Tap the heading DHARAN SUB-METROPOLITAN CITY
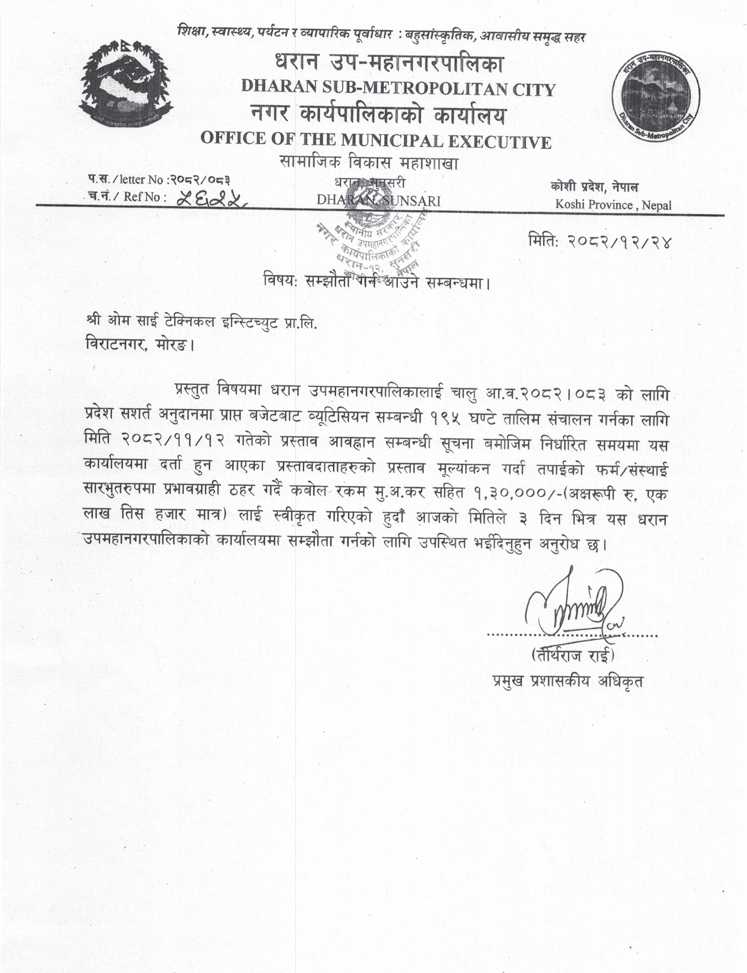click(x=398, y=89)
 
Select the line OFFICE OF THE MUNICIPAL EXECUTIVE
click(x=376, y=141)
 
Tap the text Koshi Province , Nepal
click(x=613, y=205)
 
